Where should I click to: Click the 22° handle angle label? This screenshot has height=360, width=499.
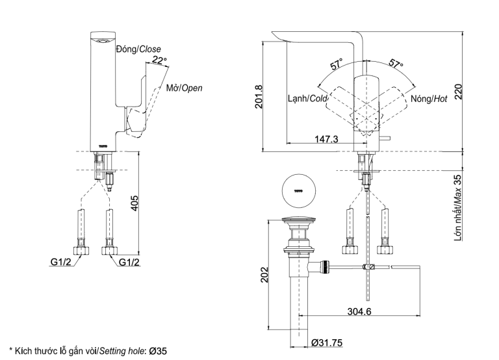tap(159, 61)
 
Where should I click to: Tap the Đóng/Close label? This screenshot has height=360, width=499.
tap(138, 49)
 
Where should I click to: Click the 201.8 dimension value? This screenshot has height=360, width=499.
tap(259, 97)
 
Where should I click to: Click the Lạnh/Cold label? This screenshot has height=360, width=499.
tap(307, 99)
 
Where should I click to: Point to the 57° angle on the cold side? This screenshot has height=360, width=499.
tap(336, 65)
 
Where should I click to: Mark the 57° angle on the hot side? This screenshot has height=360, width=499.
tap(396, 65)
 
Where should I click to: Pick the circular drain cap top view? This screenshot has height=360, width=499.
tap(299, 190)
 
